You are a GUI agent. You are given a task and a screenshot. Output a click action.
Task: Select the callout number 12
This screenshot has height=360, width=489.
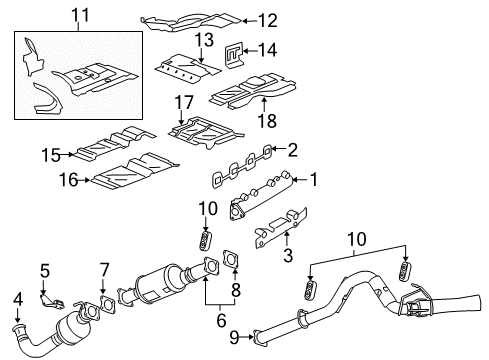(266, 19)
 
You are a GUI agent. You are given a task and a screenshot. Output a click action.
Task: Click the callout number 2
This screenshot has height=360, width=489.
(292, 150)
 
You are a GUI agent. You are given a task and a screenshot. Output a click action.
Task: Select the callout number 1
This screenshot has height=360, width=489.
(312, 180)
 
